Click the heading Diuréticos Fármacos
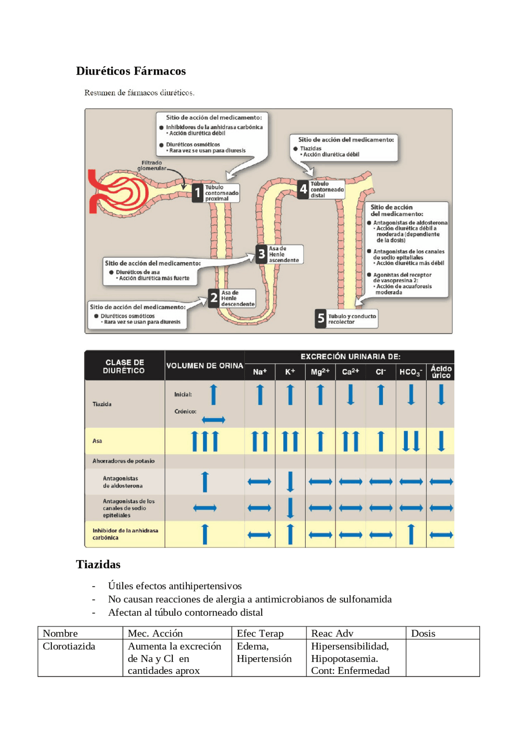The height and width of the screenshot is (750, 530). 131,71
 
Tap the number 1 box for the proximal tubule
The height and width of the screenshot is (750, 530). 215,193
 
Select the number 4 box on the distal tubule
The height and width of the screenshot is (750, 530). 321,189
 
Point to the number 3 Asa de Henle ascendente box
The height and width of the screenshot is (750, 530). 279,254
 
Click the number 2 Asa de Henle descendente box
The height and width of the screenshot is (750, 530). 232,298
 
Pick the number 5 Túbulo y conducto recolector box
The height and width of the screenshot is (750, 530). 347,318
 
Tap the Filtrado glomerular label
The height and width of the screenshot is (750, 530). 152,165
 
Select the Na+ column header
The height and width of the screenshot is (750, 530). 260,372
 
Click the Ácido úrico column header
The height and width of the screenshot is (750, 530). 441,372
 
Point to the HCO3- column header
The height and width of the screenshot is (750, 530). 411,372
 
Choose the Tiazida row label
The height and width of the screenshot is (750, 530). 102,404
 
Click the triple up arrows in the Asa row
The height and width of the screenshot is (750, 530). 205,441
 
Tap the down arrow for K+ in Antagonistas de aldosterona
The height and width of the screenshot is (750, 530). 290,482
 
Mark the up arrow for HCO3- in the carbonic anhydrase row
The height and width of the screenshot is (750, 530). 411,534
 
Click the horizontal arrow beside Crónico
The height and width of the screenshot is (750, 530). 214,420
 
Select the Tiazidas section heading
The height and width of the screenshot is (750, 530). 98,564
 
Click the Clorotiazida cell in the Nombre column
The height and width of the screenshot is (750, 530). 69,646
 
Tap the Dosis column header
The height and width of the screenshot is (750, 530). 423,633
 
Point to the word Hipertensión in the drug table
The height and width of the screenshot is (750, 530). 264,659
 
